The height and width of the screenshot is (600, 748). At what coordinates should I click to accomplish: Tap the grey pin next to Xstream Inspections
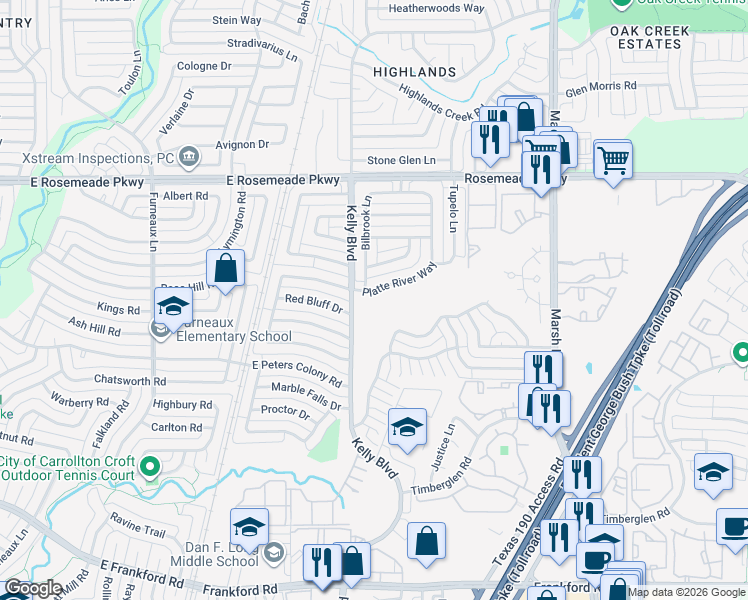(189, 157)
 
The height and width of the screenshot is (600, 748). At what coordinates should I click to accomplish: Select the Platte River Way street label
(401, 279)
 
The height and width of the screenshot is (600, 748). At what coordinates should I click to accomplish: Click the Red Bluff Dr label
(314, 299)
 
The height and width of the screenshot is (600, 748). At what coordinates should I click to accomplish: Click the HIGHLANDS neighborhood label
(414, 72)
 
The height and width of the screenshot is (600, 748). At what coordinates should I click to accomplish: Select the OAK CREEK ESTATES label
(650, 38)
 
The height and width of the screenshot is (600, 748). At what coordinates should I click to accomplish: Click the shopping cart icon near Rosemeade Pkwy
(613, 158)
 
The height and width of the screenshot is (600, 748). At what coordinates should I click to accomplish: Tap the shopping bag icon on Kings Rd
(226, 268)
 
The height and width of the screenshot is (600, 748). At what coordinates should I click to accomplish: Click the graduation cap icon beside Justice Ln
(407, 428)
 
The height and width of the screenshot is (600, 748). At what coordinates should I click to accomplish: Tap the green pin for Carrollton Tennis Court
(150, 466)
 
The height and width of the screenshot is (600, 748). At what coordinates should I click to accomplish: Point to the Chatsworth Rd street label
(130, 381)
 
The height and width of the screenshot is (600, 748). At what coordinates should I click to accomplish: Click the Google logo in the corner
(33, 588)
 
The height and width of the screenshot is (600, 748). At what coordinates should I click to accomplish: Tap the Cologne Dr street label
(204, 67)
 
